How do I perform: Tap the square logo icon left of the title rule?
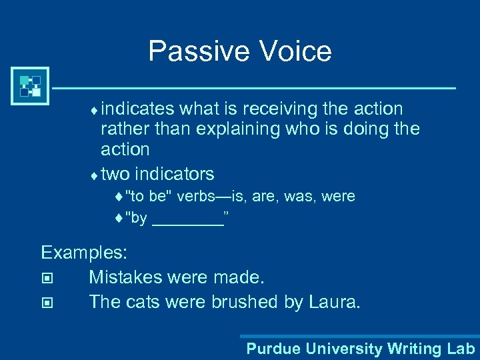31,87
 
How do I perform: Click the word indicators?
174,175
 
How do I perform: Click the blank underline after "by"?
187,219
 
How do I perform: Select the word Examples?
85,253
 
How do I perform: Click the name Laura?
334,301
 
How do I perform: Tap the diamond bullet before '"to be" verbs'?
119,197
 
